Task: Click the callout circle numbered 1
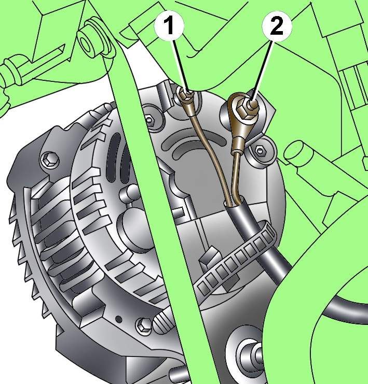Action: [169, 25]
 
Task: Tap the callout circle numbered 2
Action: [277, 26]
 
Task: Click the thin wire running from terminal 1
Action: [211, 152]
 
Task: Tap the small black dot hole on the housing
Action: [119, 319]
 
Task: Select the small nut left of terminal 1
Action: [149, 120]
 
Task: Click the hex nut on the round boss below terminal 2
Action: [260, 150]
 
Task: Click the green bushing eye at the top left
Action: [89, 41]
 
